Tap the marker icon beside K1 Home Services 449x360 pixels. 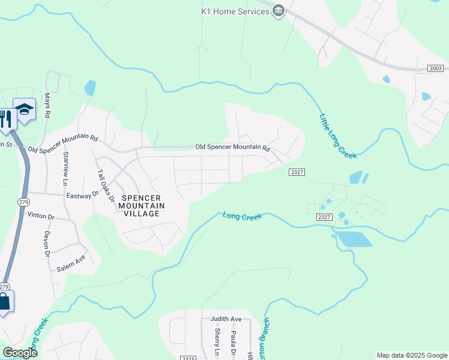(279, 11)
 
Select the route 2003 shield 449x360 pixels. (436, 69)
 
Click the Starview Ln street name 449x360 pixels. (65, 167)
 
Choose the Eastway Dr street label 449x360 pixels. (82, 195)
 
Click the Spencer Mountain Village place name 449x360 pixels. (142, 205)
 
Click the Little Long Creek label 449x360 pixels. (338, 135)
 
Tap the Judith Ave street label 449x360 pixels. (226, 319)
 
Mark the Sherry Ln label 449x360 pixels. (217, 340)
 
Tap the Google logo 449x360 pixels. (20, 353)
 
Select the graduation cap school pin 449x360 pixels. (25, 110)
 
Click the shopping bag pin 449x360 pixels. (4, 302)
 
